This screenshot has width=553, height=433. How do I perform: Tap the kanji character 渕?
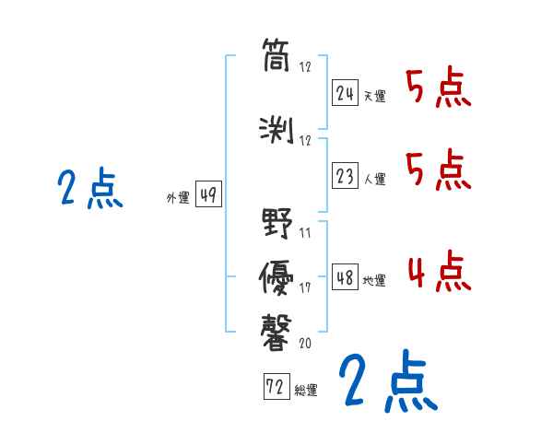(277, 129)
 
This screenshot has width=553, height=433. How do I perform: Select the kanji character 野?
(277, 224)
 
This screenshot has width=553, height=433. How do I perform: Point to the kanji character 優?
(277, 275)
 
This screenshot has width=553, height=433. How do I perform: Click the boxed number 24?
(345, 94)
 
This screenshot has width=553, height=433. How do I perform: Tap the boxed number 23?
(345, 176)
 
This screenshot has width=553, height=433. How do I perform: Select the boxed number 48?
(345, 277)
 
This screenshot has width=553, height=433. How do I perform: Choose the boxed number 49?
(208, 195)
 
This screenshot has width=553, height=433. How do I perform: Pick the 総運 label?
(306, 391)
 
